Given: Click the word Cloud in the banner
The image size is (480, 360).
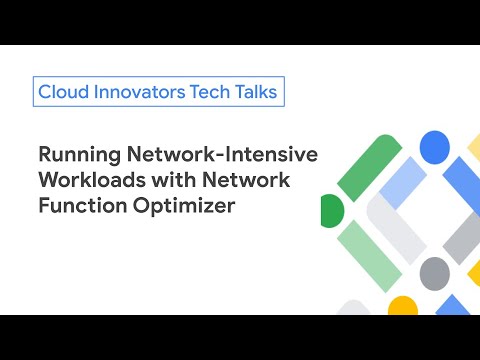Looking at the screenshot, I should tap(61, 92).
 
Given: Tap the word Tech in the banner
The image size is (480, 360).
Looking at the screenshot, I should tap(205, 92).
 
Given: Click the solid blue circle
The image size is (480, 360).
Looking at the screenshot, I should tap(434, 147).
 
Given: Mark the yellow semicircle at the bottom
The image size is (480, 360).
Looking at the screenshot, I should tap(403, 305).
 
